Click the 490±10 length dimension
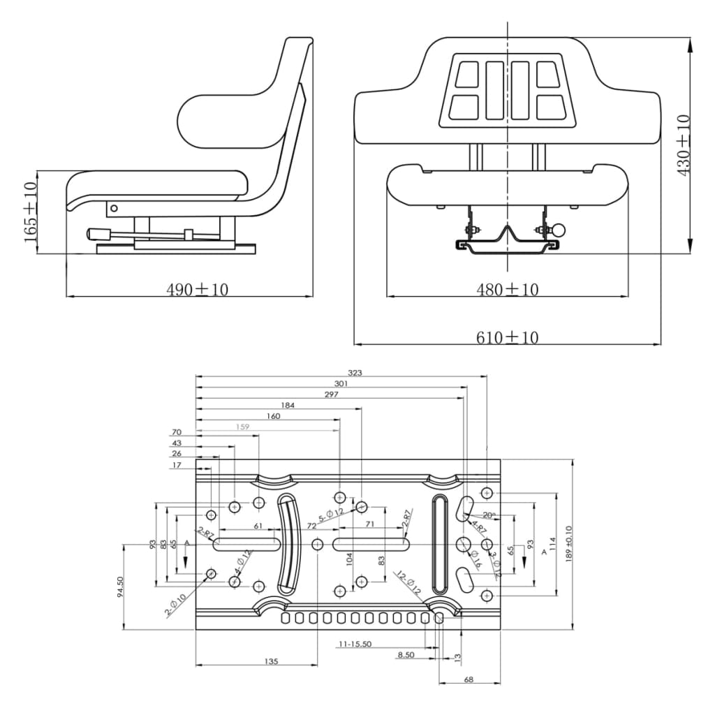tap(197, 289)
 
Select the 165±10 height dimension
tap(29, 212)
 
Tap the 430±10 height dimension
tap(684, 145)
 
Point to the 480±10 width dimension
tap(507, 289)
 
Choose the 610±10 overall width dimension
tap(507, 337)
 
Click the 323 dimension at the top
tap(355, 373)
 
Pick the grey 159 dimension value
tap(242, 427)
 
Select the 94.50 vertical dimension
tap(120, 586)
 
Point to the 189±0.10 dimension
tap(568, 544)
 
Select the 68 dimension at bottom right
tap(468, 679)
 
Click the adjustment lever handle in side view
tap(96, 234)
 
